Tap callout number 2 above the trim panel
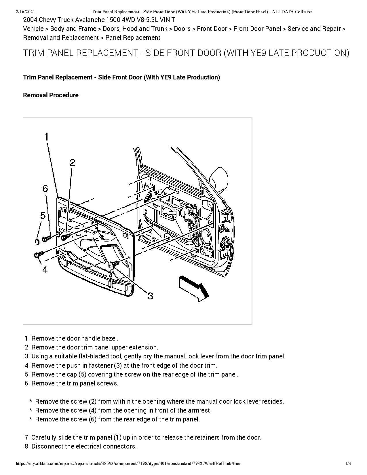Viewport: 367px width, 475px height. click(x=72, y=163)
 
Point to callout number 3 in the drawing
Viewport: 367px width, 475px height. click(x=150, y=296)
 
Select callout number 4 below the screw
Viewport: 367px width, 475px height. click(x=45, y=270)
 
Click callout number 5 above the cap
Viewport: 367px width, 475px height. click(x=43, y=215)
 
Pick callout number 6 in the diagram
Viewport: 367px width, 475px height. click(x=45, y=189)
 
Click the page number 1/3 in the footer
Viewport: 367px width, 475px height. click(x=348, y=463)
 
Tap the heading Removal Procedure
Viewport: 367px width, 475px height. click(x=51, y=95)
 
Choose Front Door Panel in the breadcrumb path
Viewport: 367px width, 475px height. click(x=257, y=29)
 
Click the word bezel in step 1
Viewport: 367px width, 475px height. click(x=110, y=339)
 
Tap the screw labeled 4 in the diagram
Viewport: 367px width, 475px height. click(x=38, y=254)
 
